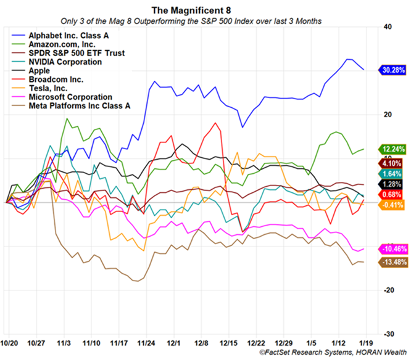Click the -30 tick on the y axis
(x=372, y=333)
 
